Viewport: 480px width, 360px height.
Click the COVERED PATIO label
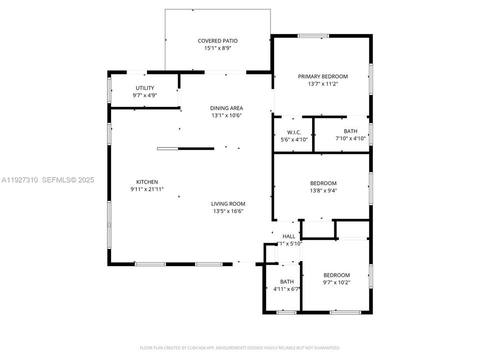217,41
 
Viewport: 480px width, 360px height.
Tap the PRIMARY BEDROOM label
322,76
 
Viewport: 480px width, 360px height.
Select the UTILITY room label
145,88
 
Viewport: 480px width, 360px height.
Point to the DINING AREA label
226,108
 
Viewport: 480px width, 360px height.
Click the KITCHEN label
147,182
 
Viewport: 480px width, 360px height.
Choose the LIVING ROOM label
227,203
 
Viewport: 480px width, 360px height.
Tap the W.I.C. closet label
294,132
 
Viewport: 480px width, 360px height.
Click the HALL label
289,236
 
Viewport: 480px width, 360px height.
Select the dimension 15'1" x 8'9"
217,48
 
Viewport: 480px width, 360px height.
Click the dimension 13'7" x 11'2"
322,84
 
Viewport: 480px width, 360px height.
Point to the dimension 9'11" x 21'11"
147,189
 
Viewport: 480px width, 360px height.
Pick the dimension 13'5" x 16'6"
227,211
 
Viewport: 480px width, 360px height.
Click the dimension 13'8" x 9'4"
323,190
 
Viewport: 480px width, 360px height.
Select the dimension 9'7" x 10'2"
336,282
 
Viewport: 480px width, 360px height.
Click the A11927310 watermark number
19,180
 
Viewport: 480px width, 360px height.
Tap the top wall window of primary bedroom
313,36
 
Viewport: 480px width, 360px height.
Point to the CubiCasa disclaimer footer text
240,347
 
